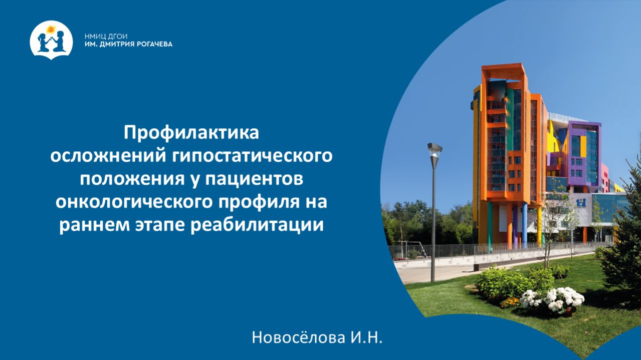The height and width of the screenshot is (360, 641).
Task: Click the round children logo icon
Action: pyautogui.click(x=52, y=40)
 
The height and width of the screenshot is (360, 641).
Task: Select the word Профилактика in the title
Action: pyautogui.click(x=192, y=133)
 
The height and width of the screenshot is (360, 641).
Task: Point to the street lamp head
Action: pyautogui.click(x=435, y=148)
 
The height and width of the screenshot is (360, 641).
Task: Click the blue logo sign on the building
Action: pyautogui.click(x=581, y=203)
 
